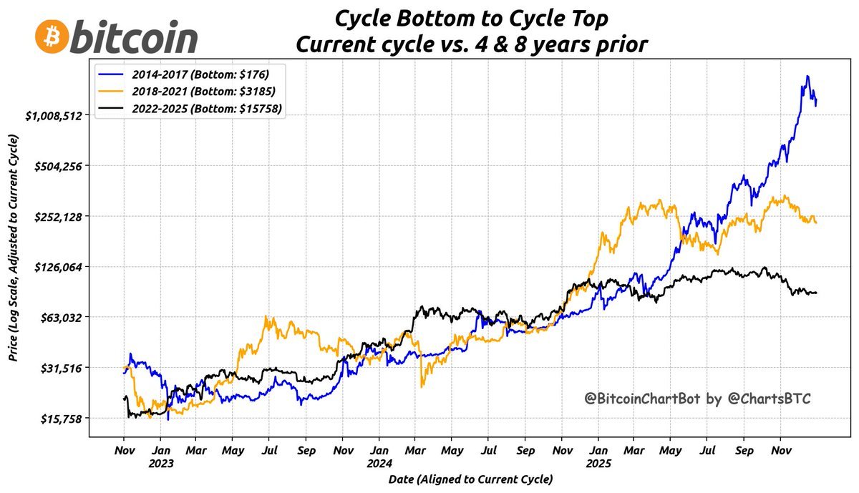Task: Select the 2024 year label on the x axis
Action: pyautogui.click(x=379, y=462)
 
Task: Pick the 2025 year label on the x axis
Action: pyautogui.click(x=598, y=462)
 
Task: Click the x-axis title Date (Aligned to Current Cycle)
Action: pyautogui.click(x=470, y=479)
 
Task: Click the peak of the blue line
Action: pyautogui.click(x=807, y=76)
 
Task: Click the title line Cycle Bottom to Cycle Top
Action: pyautogui.click(x=472, y=18)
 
